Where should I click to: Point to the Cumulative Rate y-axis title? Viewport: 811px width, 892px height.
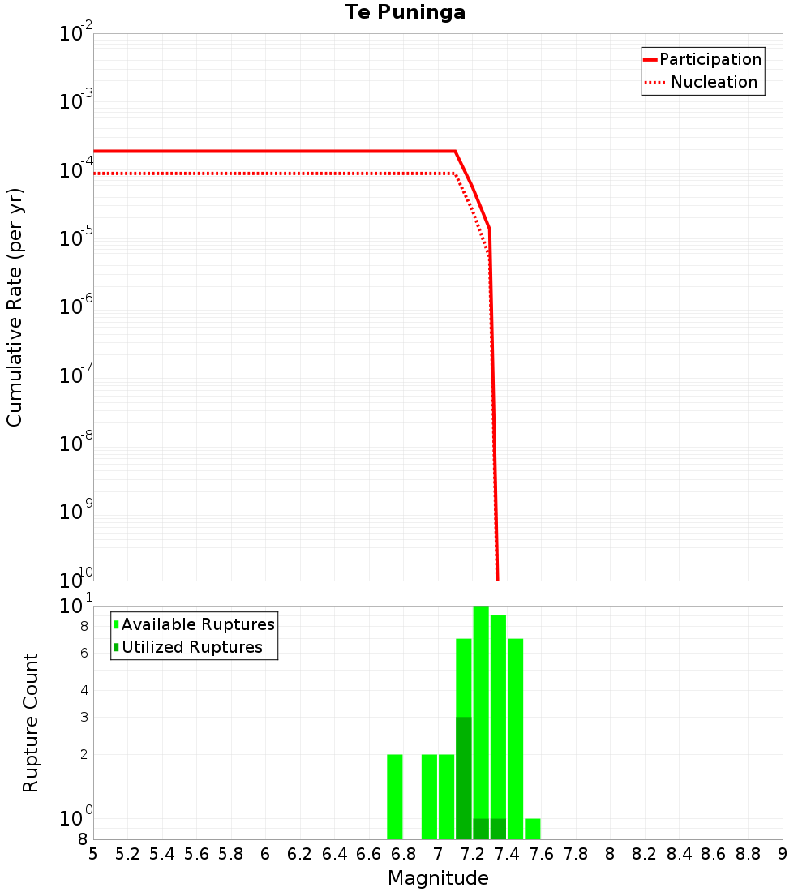[x=15, y=307]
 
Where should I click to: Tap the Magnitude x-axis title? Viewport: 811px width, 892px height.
[x=438, y=878]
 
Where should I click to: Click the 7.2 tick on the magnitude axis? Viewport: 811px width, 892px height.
[x=472, y=854]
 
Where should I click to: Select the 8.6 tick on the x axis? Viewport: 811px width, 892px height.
[x=714, y=854]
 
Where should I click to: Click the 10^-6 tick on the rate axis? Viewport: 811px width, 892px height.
[x=76, y=307]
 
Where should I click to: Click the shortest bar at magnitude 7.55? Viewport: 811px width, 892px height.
[x=533, y=829]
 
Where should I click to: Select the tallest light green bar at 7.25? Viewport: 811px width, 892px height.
[x=481, y=705]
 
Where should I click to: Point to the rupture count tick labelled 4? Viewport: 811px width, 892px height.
[x=84, y=691]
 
